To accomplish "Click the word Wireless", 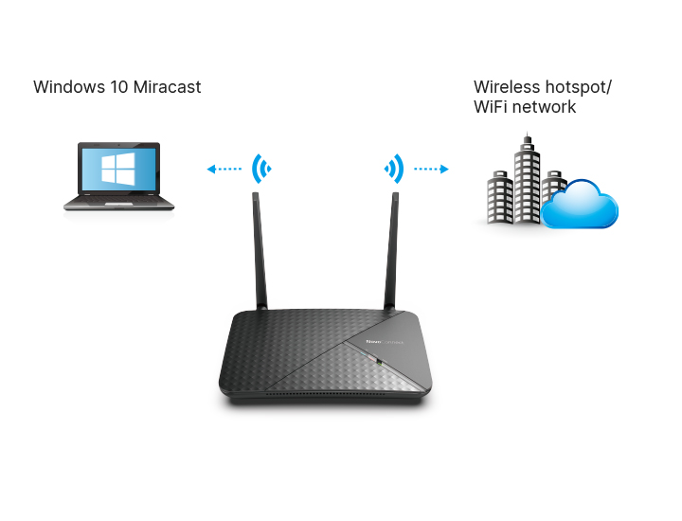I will (x=505, y=87).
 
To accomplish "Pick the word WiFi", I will (x=491, y=107).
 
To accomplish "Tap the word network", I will (x=544, y=107).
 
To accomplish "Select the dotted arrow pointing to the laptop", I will (x=224, y=170).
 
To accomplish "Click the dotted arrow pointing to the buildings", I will (x=431, y=170).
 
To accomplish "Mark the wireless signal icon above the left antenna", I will (x=261, y=170).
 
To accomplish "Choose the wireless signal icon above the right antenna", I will (x=394, y=170).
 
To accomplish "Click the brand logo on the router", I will (x=385, y=340).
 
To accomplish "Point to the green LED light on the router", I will (x=377, y=361).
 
